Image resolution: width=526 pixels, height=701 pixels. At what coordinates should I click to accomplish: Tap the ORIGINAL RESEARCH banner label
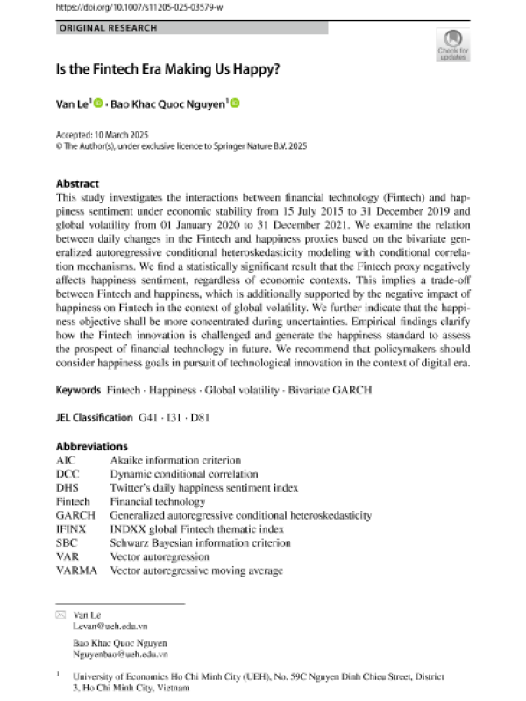click(x=109, y=28)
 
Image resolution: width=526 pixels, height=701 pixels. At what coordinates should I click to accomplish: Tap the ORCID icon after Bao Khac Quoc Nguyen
click(x=235, y=104)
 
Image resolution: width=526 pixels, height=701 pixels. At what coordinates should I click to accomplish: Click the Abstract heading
click(x=77, y=184)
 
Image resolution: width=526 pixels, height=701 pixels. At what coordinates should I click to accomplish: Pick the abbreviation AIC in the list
click(x=68, y=460)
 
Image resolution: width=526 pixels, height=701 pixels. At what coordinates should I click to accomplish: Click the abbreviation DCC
click(x=69, y=474)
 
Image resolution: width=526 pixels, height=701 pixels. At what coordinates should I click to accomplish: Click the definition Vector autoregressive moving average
click(x=196, y=571)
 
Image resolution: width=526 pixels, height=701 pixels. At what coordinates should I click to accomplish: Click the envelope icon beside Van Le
click(x=61, y=615)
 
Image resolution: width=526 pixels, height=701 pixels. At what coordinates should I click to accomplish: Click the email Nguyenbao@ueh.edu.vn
click(x=121, y=655)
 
